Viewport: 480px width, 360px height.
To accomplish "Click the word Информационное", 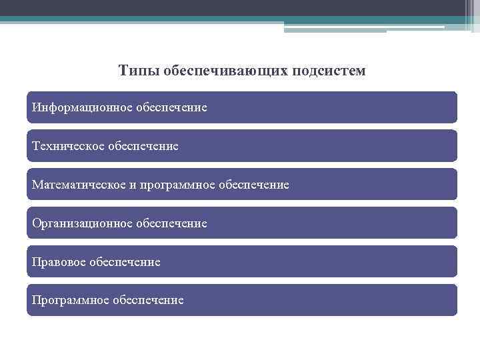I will pyautogui.click(x=82, y=107).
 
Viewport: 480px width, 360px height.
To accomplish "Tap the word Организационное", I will pyautogui.click(x=82, y=223).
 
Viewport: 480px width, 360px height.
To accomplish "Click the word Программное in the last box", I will pyautogui.click(x=71, y=300).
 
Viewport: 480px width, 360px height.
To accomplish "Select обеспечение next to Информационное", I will pyautogui.click(x=172, y=107).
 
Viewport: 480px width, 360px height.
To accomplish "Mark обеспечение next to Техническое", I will pyautogui.click(x=144, y=145).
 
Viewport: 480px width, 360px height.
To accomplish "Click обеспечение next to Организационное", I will pyautogui.click(x=172, y=223).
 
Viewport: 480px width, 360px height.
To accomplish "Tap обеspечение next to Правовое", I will pyautogui.click(x=125, y=261).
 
